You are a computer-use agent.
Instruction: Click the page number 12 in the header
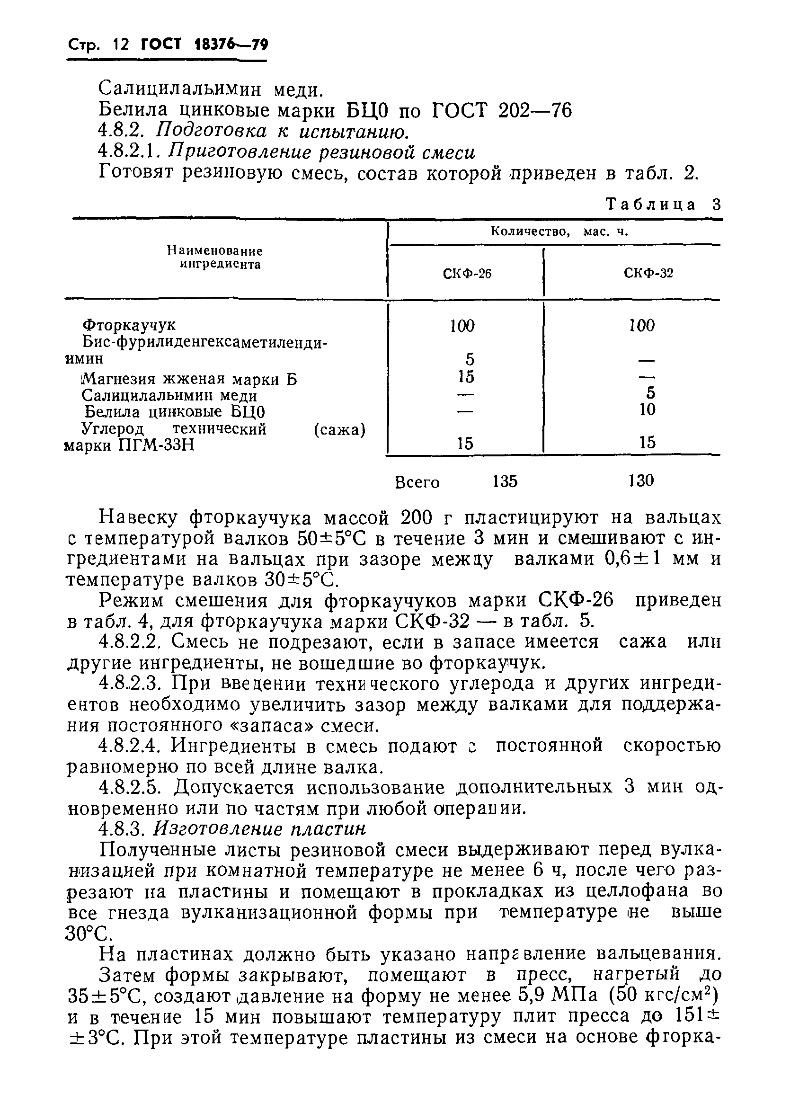120,45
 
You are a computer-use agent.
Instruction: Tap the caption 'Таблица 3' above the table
663,204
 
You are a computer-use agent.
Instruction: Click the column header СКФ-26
467,274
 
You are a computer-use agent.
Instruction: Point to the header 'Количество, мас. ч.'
559,232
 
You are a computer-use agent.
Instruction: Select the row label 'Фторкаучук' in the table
129,325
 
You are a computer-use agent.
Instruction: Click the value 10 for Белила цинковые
647,409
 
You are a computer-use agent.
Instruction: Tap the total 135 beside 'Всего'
505,481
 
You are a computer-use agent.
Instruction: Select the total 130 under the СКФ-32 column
640,480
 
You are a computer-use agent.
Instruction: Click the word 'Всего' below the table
417,482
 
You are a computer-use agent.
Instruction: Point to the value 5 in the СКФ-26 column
469,360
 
